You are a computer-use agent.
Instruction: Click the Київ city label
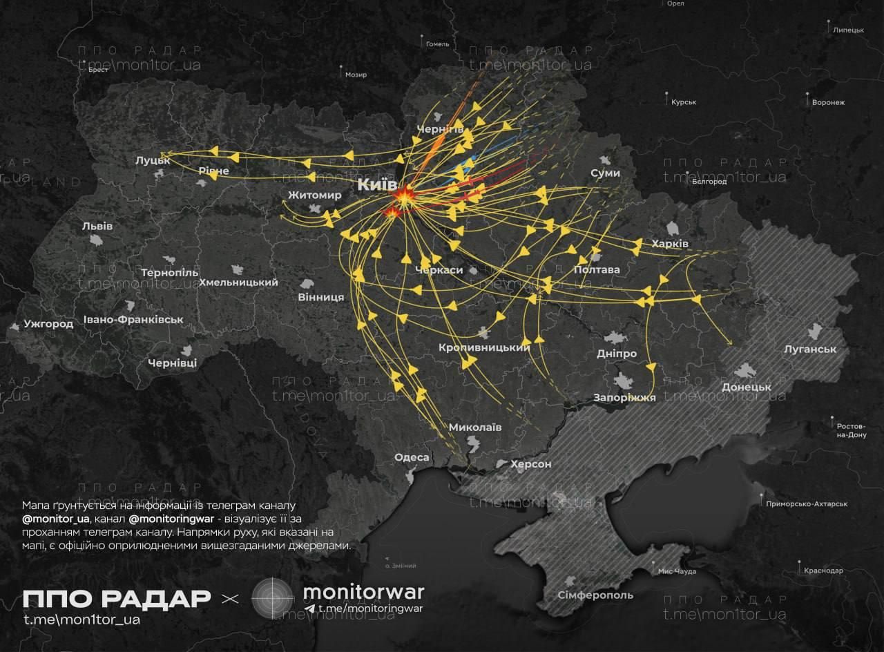tap(377, 186)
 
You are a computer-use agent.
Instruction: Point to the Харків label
tap(670, 244)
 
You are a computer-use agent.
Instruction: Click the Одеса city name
tap(412, 457)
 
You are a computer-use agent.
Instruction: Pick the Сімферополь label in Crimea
tap(595, 595)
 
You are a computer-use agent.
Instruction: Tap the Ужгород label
tap(48, 323)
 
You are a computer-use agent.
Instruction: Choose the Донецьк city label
tap(746, 387)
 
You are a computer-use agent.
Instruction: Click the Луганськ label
tap(810, 349)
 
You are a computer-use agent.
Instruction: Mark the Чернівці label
tap(172, 362)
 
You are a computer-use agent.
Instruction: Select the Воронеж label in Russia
tap(829, 102)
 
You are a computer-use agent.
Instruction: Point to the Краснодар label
tap(823, 570)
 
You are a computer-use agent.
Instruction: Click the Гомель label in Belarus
tap(438, 44)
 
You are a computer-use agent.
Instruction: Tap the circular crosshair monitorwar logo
tap(273, 598)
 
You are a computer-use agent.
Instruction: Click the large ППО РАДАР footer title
tap(116, 598)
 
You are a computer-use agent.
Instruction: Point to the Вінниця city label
tap(321, 297)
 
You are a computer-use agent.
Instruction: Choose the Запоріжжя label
tap(624, 397)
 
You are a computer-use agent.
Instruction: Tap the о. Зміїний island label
tap(401, 566)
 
